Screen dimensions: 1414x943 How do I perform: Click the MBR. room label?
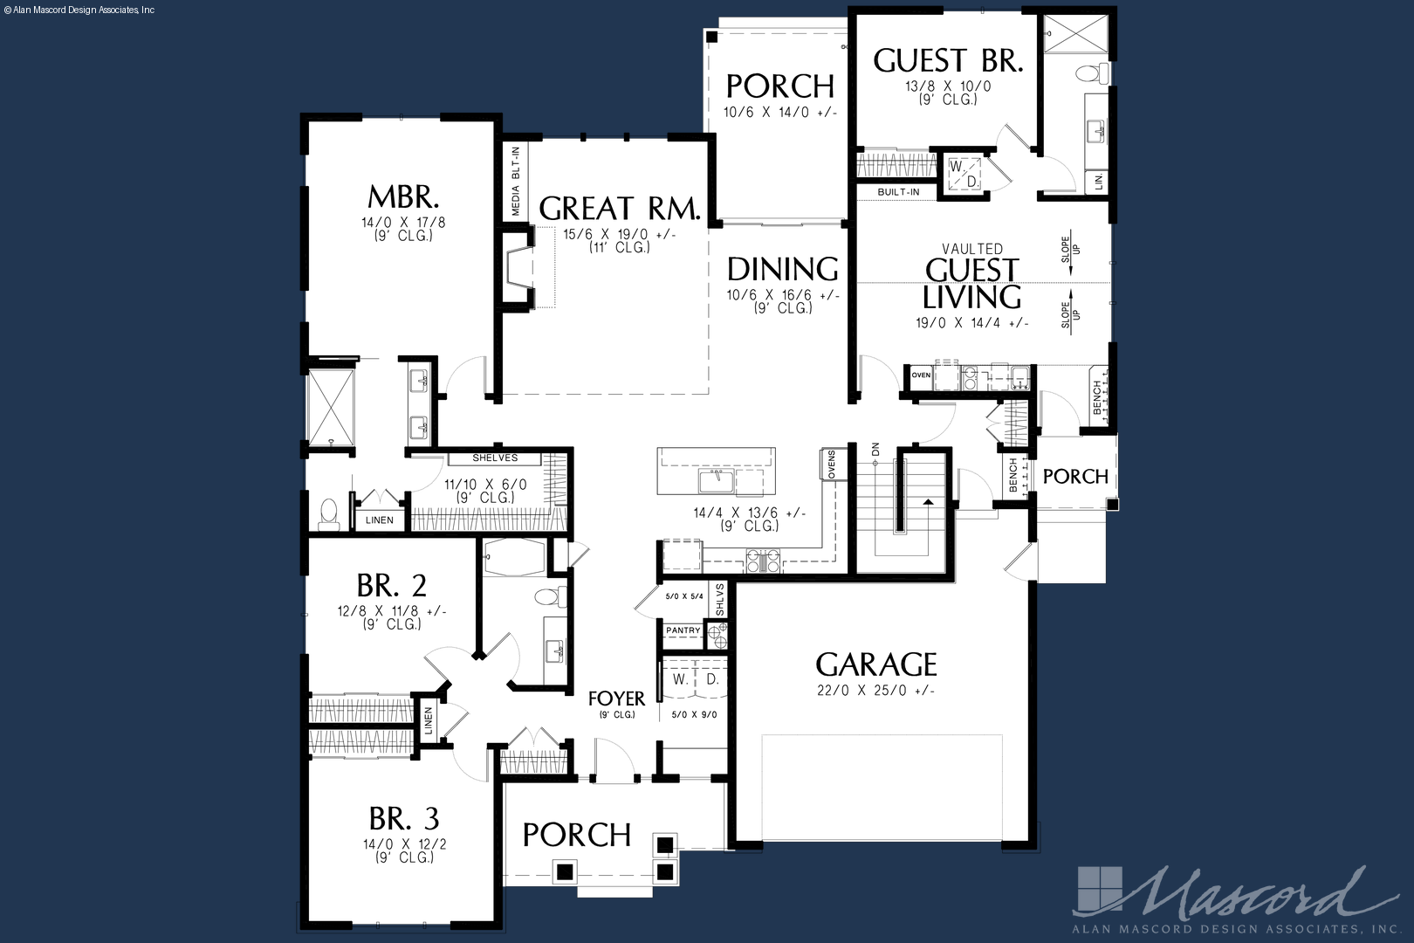[x=403, y=197]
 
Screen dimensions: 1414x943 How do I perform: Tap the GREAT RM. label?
[x=620, y=208]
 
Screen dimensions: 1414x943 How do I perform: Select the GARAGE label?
[x=876, y=664]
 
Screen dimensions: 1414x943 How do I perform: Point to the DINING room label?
[x=783, y=269]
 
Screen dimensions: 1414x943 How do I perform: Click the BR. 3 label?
[x=404, y=818]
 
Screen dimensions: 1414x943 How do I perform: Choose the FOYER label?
[x=617, y=699]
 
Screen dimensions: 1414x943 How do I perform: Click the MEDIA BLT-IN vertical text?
[x=516, y=182]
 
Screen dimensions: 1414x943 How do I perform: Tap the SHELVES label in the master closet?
[x=495, y=458]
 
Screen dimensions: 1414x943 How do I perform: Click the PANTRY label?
[x=683, y=630]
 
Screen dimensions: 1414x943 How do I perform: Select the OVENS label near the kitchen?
[x=831, y=465]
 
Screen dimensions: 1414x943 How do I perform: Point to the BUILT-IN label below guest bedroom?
[x=898, y=192]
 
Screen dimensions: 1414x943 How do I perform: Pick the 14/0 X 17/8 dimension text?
[x=403, y=223]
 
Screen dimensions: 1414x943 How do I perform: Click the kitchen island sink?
[x=716, y=480]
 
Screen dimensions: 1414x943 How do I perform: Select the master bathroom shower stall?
[x=331, y=408]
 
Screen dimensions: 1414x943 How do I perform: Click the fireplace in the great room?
[x=519, y=268]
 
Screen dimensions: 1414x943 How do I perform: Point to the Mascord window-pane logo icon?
[x=1100, y=890]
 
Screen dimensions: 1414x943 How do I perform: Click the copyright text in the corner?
[x=79, y=10]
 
